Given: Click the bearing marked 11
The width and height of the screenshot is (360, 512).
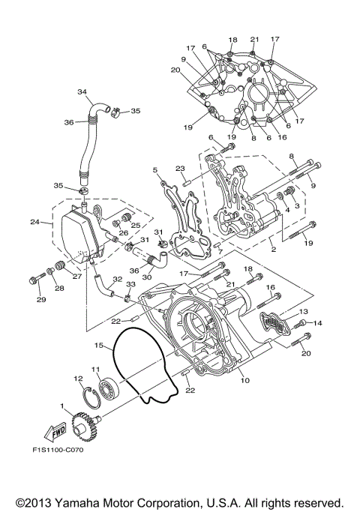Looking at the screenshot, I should pyautogui.click(x=106, y=386).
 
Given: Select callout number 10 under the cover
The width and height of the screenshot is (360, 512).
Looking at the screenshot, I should pyautogui.click(x=244, y=380).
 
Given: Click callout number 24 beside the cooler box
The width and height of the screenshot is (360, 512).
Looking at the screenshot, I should pyautogui.click(x=34, y=222).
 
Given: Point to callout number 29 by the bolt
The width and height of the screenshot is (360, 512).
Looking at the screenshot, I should pyautogui.click(x=40, y=300).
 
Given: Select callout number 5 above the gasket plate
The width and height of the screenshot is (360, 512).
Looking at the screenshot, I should pyautogui.click(x=154, y=170).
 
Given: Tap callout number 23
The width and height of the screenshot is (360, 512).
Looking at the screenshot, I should pyautogui.click(x=180, y=169).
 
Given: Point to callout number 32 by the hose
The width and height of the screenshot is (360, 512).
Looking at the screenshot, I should pyautogui.click(x=117, y=279).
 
